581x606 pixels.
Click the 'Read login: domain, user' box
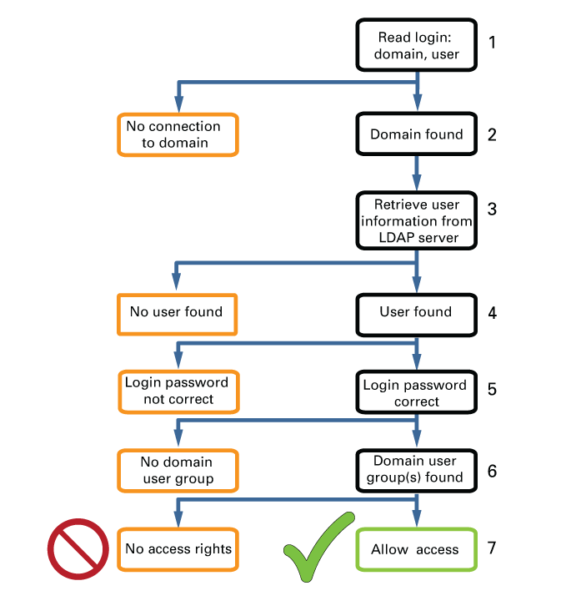tap(416, 45)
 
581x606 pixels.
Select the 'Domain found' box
tap(416, 134)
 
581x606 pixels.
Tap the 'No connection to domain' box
tap(178, 134)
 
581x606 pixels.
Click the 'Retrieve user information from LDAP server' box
tap(416, 220)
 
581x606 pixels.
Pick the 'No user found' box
tap(177, 314)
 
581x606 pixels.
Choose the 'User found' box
tap(416, 315)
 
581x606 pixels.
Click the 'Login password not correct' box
tap(178, 391)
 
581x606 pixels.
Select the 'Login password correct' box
tap(416, 392)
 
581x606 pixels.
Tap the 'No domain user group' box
tap(178, 471)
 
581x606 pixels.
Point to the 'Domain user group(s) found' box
tap(416, 471)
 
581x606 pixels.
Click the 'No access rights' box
tap(178, 549)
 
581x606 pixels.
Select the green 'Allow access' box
tap(416, 549)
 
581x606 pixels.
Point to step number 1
tap(492, 42)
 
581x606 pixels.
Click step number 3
tap(492, 209)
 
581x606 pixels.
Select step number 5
tap(492, 389)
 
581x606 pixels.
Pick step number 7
tap(492, 548)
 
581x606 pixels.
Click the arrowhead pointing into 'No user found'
tap(177, 281)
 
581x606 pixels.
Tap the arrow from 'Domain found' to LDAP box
tap(417, 173)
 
